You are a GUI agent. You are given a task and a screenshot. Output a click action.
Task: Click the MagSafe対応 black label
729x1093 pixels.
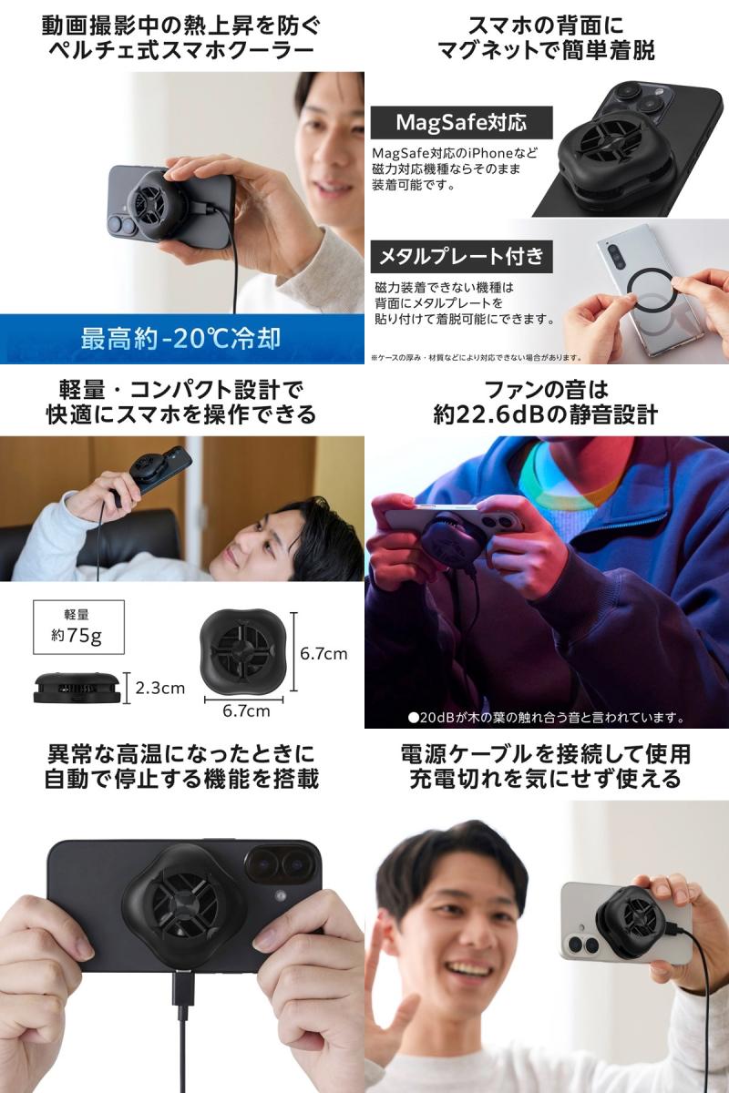(461, 122)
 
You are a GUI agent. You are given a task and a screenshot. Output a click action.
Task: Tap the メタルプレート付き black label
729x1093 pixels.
(461, 256)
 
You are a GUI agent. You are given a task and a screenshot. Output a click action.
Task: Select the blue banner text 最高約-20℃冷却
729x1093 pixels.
(180, 339)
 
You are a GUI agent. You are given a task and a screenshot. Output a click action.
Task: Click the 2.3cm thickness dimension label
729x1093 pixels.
(160, 688)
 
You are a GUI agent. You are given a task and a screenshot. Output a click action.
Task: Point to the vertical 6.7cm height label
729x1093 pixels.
(323, 653)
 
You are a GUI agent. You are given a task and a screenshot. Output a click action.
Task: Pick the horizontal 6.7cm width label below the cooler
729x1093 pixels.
(246, 711)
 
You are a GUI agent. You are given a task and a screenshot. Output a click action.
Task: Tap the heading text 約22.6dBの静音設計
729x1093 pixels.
(546, 414)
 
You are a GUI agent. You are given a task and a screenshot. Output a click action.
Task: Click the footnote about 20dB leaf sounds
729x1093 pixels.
(546, 718)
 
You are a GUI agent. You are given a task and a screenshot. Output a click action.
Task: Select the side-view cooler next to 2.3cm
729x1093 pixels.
(77, 688)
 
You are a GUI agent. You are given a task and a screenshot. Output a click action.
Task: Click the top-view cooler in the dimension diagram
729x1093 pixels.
(240, 651)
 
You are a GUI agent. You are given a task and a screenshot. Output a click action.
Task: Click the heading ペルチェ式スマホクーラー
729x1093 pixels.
(181, 50)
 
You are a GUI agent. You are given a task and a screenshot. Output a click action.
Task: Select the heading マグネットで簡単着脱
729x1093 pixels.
(546, 50)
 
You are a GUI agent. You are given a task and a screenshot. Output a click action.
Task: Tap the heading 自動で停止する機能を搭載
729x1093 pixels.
(181, 780)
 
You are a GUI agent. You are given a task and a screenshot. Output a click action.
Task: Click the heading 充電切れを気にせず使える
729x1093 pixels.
(546, 780)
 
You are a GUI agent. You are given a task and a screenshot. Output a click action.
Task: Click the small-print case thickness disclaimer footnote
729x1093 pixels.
(476, 358)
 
